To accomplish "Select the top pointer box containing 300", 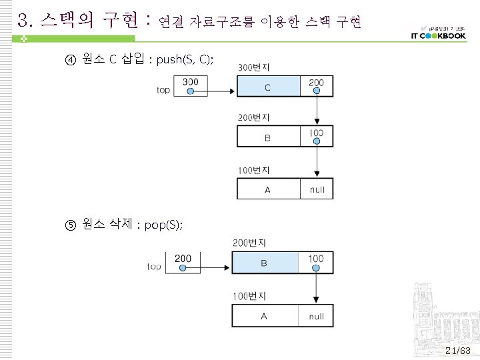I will coord(190,87).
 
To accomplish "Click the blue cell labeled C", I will coord(267,87).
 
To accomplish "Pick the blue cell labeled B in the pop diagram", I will coord(264,263).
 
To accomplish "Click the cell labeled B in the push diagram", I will coord(267,137).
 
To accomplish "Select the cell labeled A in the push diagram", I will coord(267,189).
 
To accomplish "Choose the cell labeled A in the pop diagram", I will coord(264,316).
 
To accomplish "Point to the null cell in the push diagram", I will coord(317,189).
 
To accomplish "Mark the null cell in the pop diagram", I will coord(316,316).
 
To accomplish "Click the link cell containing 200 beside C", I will coord(317,87).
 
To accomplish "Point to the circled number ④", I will coord(70,61).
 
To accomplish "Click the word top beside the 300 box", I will coord(163,90).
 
